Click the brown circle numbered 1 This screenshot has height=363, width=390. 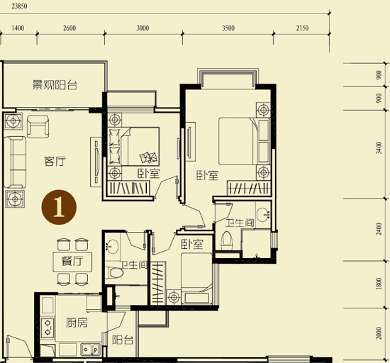pyautogui.click(x=59, y=207)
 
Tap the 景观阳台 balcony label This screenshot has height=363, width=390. pyautogui.click(x=55, y=85)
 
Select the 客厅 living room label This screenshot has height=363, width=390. pyautogui.click(x=55, y=161)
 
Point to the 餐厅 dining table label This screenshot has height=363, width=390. pyautogui.click(x=72, y=262)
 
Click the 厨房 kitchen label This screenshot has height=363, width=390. pyautogui.click(x=77, y=323)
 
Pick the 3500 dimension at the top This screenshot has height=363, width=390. pyautogui.click(x=228, y=28)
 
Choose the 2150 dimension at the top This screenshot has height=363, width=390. pyautogui.click(x=302, y=28)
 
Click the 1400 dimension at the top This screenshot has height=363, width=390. pyautogui.click(x=18, y=28)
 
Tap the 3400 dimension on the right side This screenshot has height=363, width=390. pyautogui.click(x=379, y=147)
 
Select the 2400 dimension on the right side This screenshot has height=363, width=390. pyautogui.click(x=379, y=229)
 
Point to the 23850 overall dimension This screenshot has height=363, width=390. pyautogui.click(x=19, y=6)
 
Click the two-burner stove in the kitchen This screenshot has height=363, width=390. pyautogui.click(x=48, y=328)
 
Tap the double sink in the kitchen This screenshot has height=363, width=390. pyautogui.click(x=90, y=350)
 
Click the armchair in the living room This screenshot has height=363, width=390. pyautogui.click(x=38, y=126)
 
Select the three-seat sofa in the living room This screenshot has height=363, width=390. pyautogui.click(x=15, y=162)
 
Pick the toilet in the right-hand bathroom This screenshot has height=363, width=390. pyautogui.click(x=227, y=241)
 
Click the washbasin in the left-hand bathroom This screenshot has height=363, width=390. pyautogui.click(x=113, y=247)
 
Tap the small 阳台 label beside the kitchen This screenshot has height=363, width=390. pyautogui.click(x=123, y=340)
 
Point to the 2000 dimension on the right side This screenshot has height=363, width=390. pyautogui.click(x=379, y=333)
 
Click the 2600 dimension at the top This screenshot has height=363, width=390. pyautogui.click(x=69, y=28)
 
